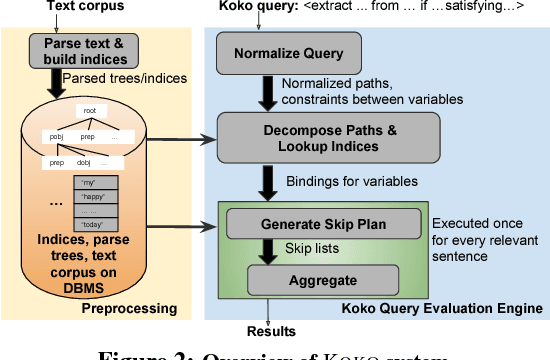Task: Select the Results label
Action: click(x=272, y=331)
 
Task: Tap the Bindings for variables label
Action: click(x=339, y=181)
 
